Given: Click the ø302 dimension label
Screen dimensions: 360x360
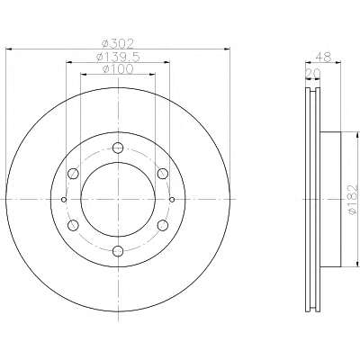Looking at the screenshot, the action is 118,44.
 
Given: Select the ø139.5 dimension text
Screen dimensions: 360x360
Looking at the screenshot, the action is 118,57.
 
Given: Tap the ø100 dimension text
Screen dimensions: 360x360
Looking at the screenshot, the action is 118,69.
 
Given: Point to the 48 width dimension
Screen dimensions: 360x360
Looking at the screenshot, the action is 323,57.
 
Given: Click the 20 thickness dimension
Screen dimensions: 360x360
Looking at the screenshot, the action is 313,73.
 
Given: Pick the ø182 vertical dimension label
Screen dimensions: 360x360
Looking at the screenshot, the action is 354,199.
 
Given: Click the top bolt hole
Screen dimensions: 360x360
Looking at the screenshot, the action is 118,148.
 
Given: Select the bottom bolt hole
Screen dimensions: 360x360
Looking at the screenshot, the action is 118,251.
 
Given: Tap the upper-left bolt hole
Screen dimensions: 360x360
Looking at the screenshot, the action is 73,174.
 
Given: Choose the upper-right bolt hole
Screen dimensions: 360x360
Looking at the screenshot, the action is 163,174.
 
